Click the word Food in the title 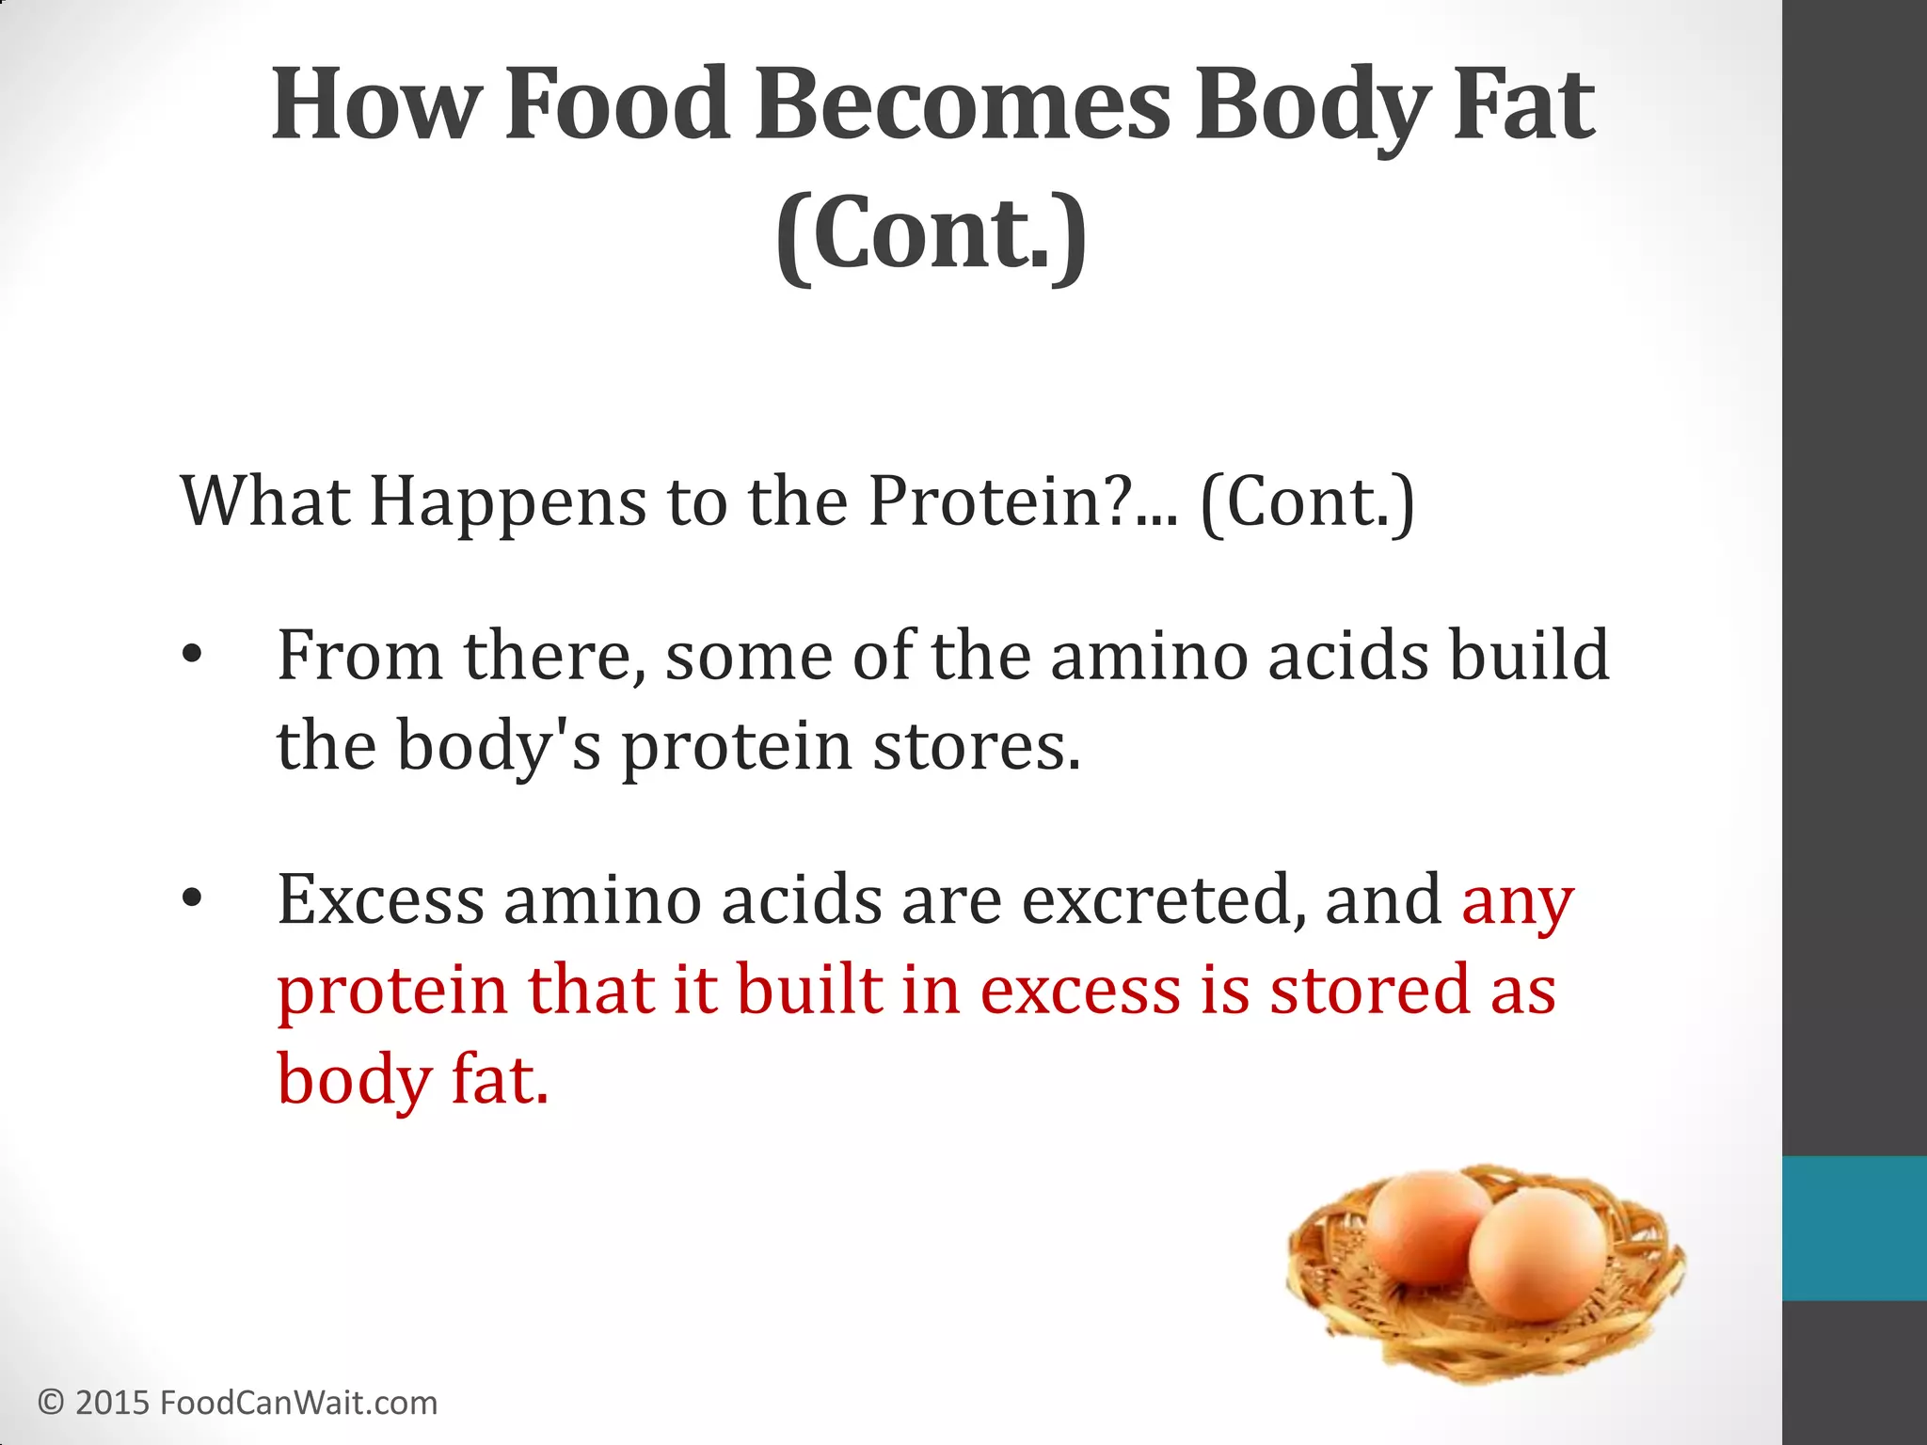pos(616,105)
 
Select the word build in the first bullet pos(1528,655)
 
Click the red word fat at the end pos(499,1079)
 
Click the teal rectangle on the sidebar pos(1854,1228)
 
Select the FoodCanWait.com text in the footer pos(298,1403)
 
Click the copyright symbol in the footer pos(51,1403)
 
